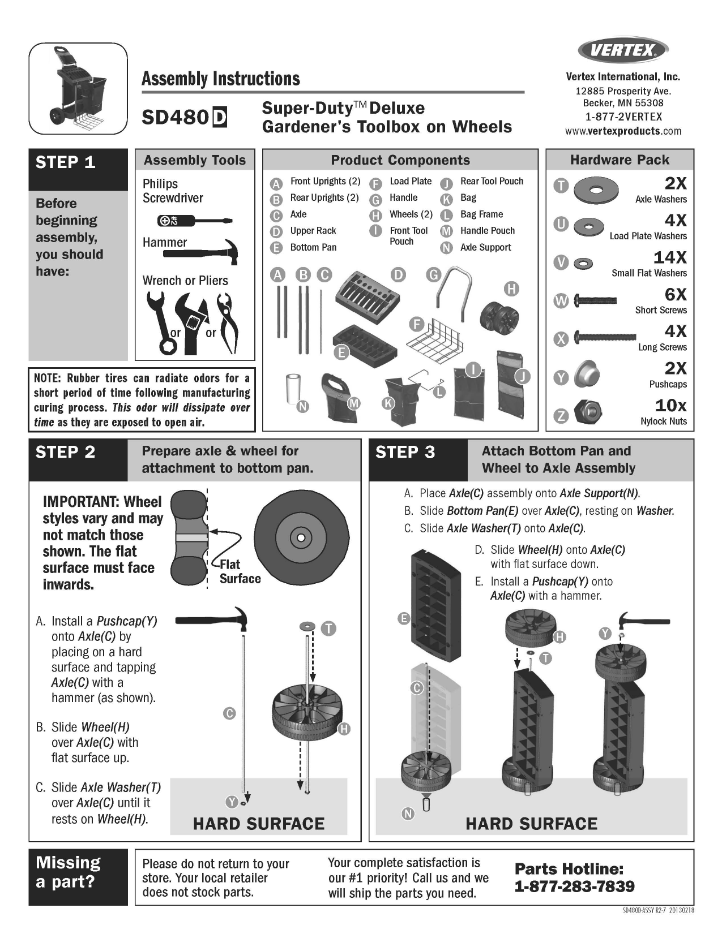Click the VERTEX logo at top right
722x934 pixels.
(623, 51)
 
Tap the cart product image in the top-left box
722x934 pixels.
(78, 89)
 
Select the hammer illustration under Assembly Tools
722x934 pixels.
(201, 251)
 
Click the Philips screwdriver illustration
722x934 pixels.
(195, 221)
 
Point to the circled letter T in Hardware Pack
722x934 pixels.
(561, 186)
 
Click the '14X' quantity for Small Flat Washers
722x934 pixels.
(670, 258)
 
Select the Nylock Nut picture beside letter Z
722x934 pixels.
(587, 412)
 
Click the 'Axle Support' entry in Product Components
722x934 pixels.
(485, 247)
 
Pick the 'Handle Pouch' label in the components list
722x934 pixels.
(487, 231)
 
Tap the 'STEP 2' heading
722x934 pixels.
(66, 453)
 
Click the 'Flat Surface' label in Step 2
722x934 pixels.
(240, 571)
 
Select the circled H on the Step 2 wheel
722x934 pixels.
(344, 729)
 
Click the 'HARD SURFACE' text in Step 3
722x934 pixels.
(531, 824)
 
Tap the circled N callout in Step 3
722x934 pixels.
(408, 814)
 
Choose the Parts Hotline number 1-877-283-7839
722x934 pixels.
(574, 886)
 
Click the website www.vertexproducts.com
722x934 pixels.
(623, 131)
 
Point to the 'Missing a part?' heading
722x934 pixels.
(68, 872)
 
